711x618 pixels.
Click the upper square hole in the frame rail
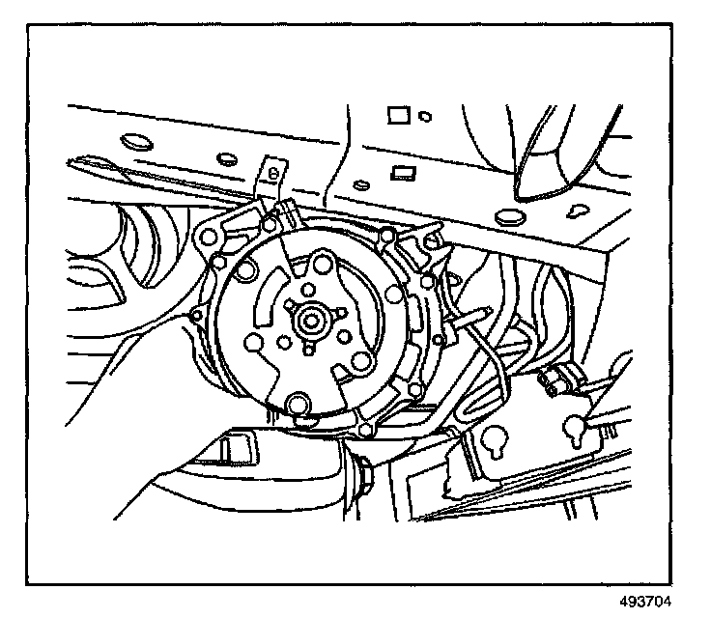click(396, 116)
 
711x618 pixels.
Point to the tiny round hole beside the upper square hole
click(425, 116)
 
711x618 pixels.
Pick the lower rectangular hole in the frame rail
click(400, 172)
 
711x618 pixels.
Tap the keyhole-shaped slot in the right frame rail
click(578, 210)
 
